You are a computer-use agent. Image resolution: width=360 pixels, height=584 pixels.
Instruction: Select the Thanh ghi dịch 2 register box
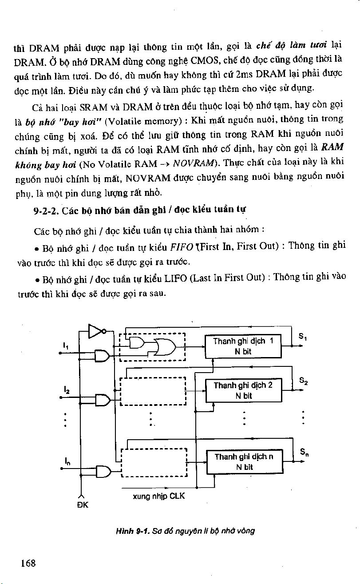[244, 390]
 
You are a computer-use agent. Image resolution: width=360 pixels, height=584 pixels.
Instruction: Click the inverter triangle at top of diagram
[95, 331]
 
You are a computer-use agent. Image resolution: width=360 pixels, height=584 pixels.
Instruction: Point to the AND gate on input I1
[102, 355]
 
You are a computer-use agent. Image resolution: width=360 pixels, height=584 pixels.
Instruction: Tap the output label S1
[303, 338]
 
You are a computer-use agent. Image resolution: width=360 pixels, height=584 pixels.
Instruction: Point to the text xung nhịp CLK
[158, 496]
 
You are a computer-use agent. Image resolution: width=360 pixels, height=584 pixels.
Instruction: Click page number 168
[28, 563]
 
